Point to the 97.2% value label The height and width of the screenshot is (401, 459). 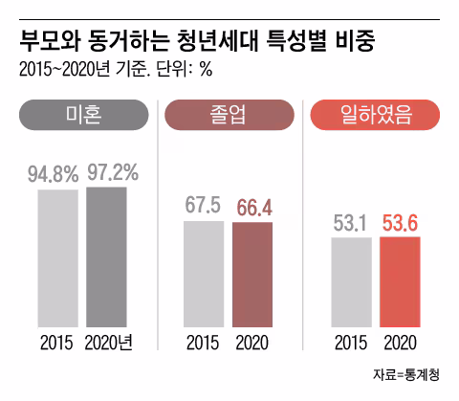tap(113, 172)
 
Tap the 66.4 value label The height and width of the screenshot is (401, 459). tap(252, 208)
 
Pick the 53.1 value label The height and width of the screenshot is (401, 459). tap(351, 222)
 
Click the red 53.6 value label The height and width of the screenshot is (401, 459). tap(400, 221)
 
